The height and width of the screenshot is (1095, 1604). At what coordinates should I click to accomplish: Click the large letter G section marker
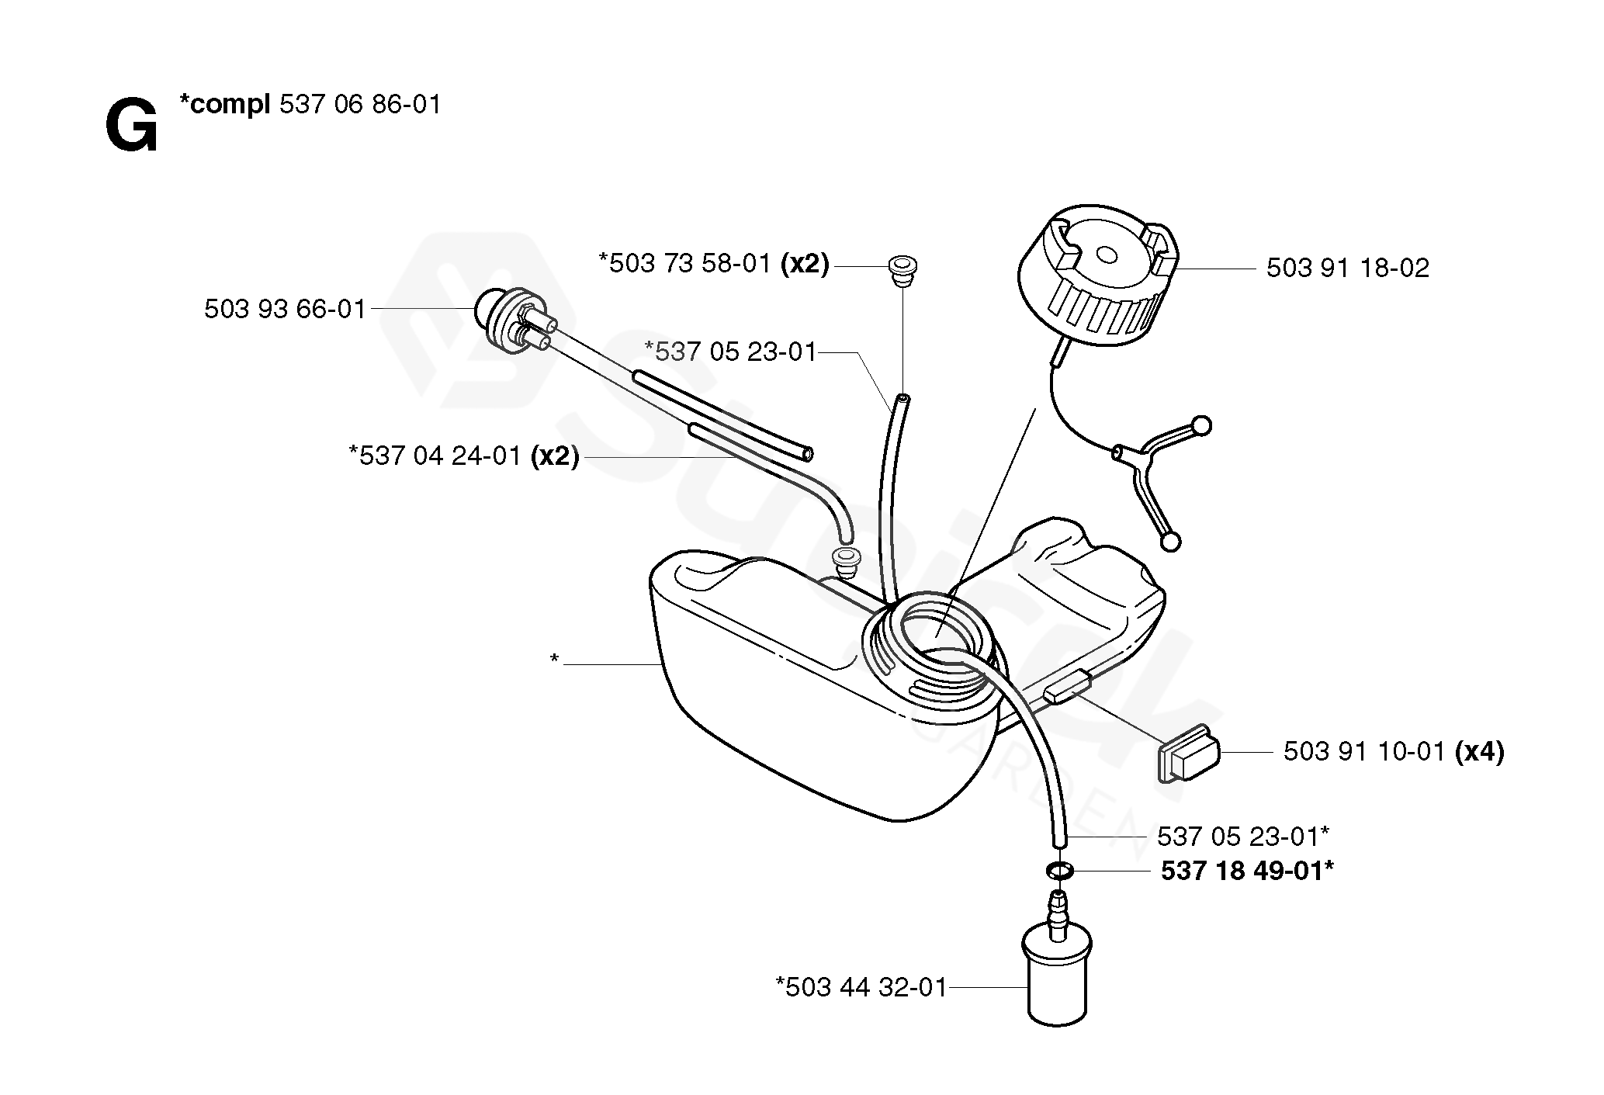(131, 127)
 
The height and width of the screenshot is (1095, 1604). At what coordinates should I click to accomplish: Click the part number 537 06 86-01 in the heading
(359, 105)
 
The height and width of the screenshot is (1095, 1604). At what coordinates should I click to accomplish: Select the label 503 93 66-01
(285, 310)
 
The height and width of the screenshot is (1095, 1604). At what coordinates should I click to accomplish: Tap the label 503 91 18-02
(1347, 269)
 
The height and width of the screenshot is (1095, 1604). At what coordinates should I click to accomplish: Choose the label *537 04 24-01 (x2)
(464, 456)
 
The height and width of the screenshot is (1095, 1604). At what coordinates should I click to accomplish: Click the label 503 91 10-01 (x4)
(1393, 752)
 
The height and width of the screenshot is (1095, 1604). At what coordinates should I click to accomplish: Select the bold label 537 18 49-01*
(1247, 871)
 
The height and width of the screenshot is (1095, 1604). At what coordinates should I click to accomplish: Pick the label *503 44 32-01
(861, 987)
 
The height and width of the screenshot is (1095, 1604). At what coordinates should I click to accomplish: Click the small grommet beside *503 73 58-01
(902, 269)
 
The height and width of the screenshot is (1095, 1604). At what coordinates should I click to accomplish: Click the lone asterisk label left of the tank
(554, 660)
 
